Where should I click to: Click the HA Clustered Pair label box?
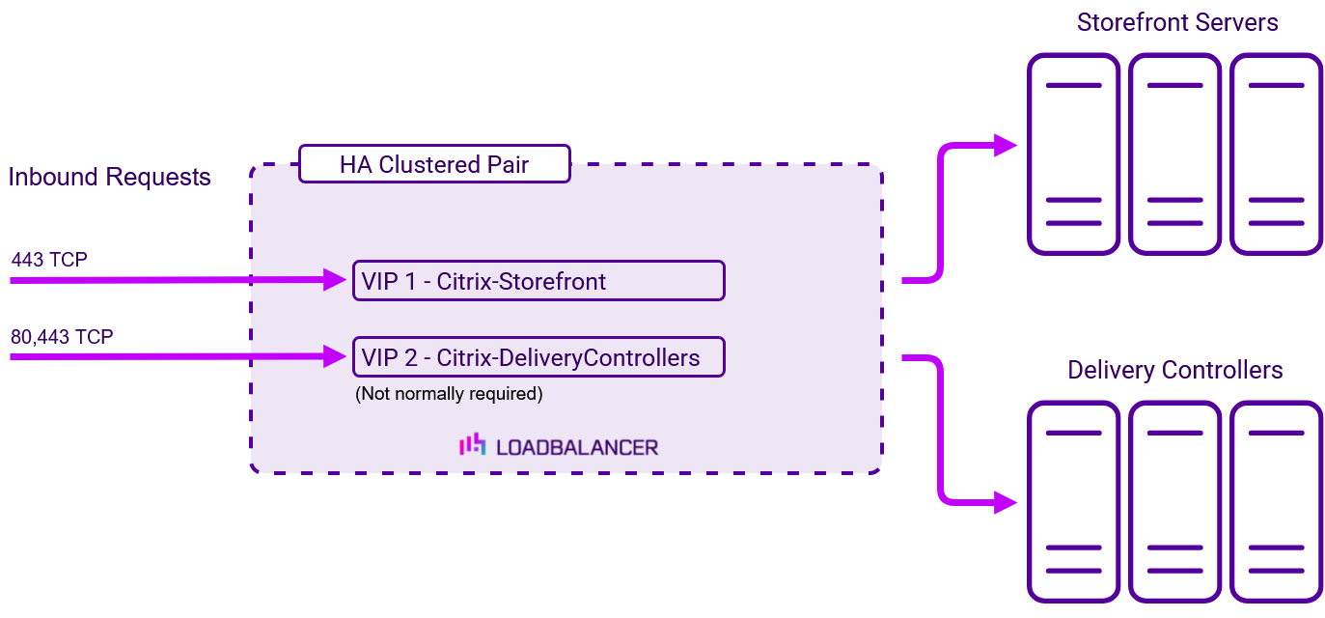click(x=435, y=164)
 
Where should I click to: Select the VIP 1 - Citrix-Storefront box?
click(x=538, y=281)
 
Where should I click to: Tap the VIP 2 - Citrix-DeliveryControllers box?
click(x=538, y=357)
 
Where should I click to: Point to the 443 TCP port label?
click(x=49, y=260)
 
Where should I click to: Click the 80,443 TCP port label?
click(x=62, y=337)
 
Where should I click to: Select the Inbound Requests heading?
click(x=109, y=177)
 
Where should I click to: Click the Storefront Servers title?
click(x=1177, y=22)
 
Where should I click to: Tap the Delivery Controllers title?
click(x=1174, y=370)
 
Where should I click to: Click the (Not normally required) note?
click(x=449, y=394)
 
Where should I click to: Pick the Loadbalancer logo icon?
click(x=473, y=444)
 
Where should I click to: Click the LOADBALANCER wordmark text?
click(x=577, y=447)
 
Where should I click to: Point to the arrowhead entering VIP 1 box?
click(x=335, y=279)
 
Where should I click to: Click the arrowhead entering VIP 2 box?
click(x=335, y=356)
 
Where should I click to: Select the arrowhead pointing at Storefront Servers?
click(x=1006, y=145)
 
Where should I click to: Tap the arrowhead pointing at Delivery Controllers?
click(x=1006, y=502)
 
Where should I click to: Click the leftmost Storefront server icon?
click(x=1073, y=154)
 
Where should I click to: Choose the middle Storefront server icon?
click(x=1174, y=154)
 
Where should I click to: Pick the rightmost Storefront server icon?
click(x=1276, y=154)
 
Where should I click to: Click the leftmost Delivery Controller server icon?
click(x=1073, y=502)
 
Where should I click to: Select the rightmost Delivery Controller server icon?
click(x=1276, y=502)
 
